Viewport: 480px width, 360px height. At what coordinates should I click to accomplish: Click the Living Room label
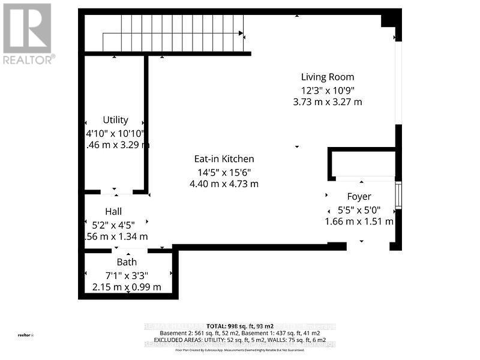(x=328, y=77)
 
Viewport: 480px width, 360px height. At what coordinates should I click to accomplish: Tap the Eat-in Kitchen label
(x=224, y=159)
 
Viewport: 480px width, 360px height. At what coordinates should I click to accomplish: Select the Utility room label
(x=116, y=120)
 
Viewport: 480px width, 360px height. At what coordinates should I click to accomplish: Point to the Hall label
(x=113, y=211)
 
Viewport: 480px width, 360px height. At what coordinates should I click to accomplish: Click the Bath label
(x=127, y=262)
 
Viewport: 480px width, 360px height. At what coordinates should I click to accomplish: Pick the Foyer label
(x=359, y=196)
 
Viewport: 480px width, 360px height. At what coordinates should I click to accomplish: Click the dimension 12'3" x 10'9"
(x=328, y=90)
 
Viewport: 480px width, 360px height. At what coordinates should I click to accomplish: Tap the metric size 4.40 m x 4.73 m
(x=224, y=184)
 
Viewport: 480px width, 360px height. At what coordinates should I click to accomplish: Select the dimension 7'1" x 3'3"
(x=127, y=275)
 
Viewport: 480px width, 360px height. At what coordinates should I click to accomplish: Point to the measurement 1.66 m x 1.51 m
(x=359, y=221)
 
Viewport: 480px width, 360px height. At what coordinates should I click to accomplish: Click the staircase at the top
(x=173, y=34)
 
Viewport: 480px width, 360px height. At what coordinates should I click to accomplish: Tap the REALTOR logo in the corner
(x=28, y=33)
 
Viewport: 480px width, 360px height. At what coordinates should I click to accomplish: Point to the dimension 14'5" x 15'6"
(x=224, y=172)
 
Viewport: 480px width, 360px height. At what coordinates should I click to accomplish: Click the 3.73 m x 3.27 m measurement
(x=328, y=102)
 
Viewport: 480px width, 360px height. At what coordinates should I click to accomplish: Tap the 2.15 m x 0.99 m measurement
(x=127, y=287)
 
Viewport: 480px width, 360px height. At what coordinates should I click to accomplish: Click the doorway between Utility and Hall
(x=116, y=192)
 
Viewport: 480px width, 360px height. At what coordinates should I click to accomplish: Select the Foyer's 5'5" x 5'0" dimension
(x=359, y=210)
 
